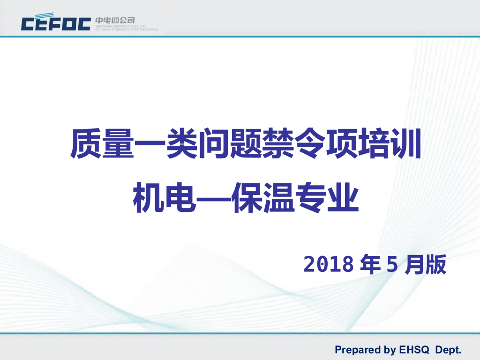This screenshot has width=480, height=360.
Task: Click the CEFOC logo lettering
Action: pos(56,23)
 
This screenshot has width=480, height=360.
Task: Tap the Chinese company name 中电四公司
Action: pos(115,20)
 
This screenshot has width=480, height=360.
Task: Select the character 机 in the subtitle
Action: pos(149,199)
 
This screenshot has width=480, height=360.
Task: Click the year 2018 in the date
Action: pos(328,265)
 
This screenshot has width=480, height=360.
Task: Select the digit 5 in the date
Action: pos(392,265)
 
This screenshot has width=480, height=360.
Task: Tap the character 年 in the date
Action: pos(370,265)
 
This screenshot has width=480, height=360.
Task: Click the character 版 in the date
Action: pos(435,265)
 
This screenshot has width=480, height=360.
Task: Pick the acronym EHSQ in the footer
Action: pos(414,350)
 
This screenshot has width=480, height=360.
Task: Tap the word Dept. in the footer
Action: pos(449,350)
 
